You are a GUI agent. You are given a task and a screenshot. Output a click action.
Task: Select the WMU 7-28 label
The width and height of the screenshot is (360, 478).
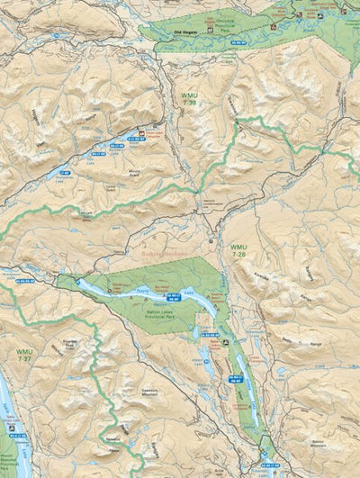[x=238, y=249]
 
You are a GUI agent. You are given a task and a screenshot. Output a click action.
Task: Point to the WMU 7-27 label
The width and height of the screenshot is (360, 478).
[x=23, y=355]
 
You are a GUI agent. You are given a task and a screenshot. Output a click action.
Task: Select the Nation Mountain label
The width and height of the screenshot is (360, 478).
[x=337, y=442]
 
